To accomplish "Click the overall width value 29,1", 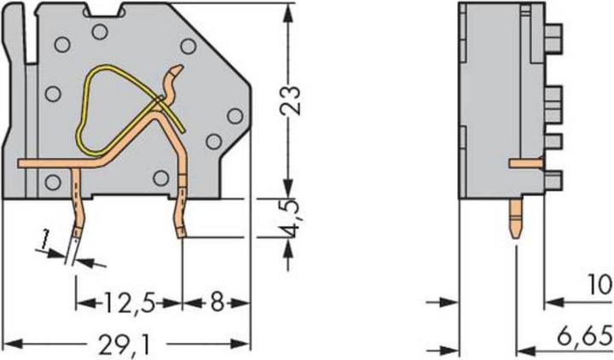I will click(x=129, y=344).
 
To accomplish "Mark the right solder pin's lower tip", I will click(x=182, y=233).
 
